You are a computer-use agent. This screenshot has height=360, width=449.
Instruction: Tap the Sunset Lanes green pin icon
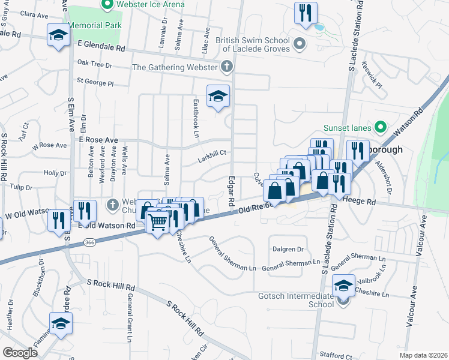point(379,127)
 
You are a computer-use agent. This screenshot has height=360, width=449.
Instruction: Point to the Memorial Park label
point(95,26)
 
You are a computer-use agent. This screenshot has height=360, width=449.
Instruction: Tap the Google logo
point(20,353)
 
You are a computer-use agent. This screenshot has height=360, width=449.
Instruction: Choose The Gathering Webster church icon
point(227,67)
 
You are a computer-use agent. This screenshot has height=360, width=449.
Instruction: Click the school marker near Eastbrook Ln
point(218,96)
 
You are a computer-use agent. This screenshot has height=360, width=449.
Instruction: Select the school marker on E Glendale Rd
point(58,35)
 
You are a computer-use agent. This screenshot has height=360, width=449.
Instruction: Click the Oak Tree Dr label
point(95,62)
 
